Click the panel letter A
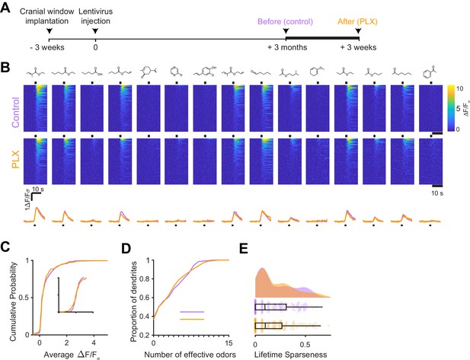coord(5,8)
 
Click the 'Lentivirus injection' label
coord(96,17)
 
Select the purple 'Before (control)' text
coord(286,21)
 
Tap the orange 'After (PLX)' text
coord(357,21)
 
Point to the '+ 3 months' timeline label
coord(287,47)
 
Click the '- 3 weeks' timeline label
coord(47,47)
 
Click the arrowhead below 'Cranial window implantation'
coord(50,31)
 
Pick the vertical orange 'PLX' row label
coord(15,159)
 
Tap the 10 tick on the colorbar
coord(459,88)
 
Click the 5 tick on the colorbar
coord(458,108)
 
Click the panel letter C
coord(6,247)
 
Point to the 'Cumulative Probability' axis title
coord(13,301)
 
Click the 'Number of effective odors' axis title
coord(190,355)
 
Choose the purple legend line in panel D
coord(192,312)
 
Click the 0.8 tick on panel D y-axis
coord(145,279)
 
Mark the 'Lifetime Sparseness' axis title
coord(290,355)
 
